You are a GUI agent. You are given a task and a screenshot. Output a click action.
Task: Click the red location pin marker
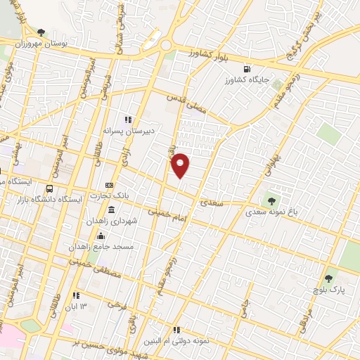(181, 165)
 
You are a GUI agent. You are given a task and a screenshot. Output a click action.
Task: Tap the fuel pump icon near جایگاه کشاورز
(246, 69)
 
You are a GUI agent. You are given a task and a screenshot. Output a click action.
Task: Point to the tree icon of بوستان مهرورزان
(41, 32)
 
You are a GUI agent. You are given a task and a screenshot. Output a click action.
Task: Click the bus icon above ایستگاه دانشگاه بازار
(49, 188)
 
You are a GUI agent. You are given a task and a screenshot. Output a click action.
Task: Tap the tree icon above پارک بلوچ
(328, 279)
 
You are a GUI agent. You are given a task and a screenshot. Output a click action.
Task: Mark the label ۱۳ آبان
(82, 307)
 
